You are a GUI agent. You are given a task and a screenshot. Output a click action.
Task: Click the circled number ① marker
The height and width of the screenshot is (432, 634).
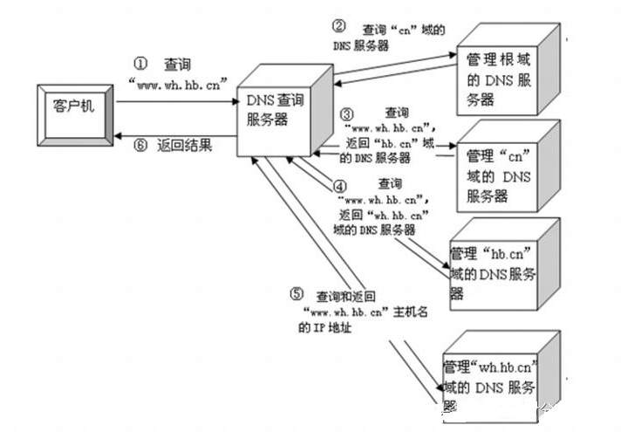[x=140, y=65]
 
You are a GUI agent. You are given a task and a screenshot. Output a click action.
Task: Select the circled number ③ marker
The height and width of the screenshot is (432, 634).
[x=346, y=114]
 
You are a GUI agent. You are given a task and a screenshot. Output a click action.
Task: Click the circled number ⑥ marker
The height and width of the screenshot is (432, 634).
[x=140, y=147]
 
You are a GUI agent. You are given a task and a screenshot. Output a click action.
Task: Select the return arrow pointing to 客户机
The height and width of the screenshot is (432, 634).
[x=174, y=134]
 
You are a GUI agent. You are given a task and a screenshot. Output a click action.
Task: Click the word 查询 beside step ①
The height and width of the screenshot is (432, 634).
[x=177, y=65]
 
